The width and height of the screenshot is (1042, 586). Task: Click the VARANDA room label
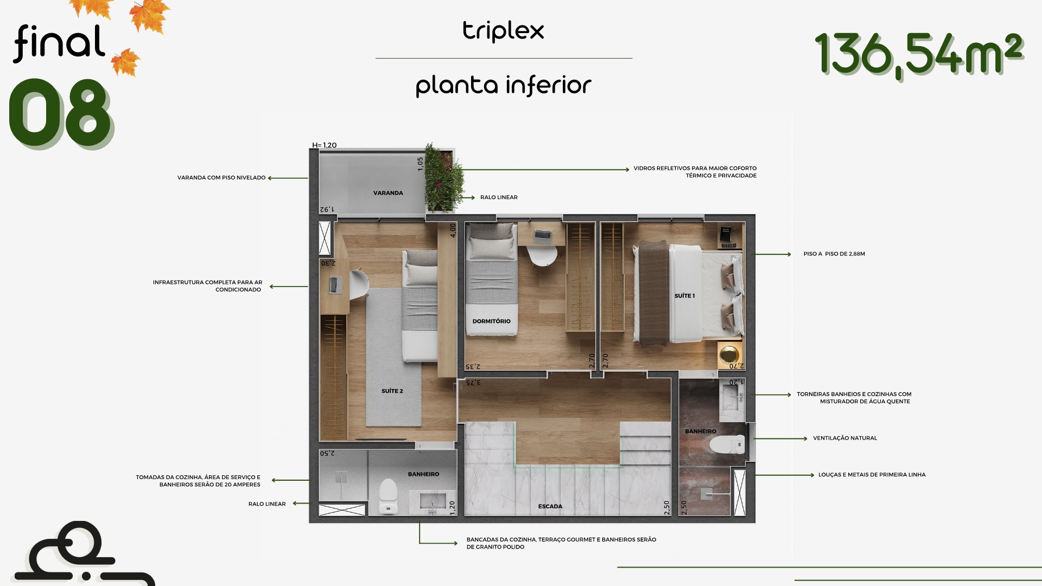click(388, 193)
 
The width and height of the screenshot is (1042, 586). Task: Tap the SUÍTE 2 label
click(392, 391)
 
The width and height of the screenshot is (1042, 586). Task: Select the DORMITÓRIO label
click(491, 321)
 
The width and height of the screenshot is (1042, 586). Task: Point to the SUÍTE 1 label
click(684, 296)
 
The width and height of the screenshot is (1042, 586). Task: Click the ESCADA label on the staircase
click(550, 507)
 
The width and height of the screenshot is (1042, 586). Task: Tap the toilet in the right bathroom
click(727, 444)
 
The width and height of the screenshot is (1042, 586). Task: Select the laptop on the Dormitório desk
click(543, 236)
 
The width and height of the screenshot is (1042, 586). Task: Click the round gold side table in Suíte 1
click(729, 355)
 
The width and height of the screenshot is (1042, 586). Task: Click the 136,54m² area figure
click(918, 55)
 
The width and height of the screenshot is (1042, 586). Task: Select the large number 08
click(60, 113)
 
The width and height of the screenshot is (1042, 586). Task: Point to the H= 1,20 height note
click(325, 145)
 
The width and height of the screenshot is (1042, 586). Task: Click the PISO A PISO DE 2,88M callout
click(834, 254)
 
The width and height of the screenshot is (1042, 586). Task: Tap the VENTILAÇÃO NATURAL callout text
click(845, 438)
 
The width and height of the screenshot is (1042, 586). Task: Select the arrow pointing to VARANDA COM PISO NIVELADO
click(288, 178)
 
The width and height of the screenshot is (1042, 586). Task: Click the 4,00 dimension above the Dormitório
click(453, 231)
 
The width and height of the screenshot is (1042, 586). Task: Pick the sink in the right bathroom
click(733, 400)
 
